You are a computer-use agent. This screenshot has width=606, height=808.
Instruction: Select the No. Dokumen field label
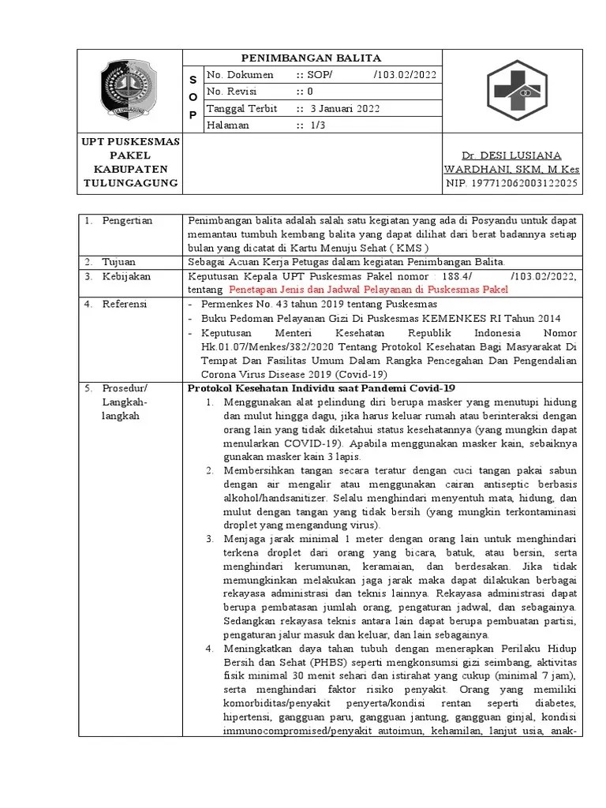pos(240,75)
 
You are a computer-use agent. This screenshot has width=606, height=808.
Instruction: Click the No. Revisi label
pos(234,92)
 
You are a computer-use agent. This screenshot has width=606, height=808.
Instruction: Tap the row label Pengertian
pos(127,220)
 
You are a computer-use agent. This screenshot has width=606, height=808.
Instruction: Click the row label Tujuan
pos(119,261)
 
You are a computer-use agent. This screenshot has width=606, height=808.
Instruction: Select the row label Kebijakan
pos(126,276)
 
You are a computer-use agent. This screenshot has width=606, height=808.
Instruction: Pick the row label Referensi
pos(125,304)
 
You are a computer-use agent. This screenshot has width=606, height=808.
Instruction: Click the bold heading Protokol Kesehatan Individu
pos(320,388)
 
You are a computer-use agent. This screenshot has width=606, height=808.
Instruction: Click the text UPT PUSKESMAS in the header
pos(132,141)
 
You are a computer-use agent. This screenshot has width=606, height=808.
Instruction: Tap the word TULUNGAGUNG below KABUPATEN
pos(132,184)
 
